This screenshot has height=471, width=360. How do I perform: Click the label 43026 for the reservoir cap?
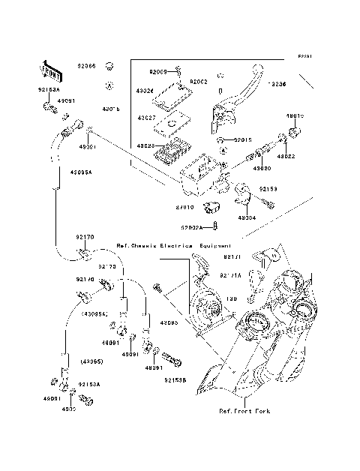point(145,91)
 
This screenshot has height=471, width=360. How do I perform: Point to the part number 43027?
point(145,118)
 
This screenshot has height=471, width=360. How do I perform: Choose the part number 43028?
point(145,146)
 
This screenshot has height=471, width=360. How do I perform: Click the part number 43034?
point(247,218)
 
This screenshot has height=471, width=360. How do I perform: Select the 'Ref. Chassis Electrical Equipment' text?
point(174,246)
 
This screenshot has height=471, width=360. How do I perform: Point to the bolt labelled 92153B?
point(172,359)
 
